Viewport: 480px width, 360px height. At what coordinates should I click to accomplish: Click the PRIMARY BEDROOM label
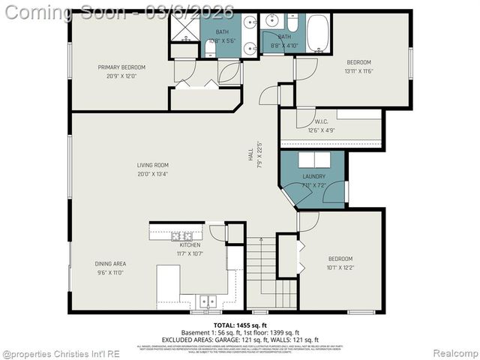121,67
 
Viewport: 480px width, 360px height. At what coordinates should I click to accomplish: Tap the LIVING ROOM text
152,165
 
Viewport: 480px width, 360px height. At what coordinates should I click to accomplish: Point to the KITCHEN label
190,245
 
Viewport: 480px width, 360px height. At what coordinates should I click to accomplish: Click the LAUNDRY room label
314,177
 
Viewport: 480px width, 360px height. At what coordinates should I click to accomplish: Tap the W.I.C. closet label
322,121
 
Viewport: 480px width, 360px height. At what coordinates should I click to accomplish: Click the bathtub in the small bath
317,32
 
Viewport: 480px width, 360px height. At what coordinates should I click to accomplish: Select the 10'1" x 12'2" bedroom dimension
340,267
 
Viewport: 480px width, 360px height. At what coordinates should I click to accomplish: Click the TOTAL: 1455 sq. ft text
239,325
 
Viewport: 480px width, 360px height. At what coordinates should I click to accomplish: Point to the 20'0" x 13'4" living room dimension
152,173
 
